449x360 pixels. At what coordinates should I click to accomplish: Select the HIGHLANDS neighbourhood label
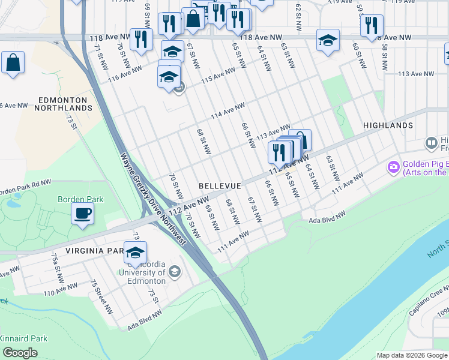388,125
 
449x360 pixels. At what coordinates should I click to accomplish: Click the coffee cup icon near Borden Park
82,213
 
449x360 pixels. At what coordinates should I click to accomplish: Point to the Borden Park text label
80,199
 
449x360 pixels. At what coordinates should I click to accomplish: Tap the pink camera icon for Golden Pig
394,167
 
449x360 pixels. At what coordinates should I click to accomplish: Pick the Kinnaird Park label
24,338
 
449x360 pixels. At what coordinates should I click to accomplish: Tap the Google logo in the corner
20,353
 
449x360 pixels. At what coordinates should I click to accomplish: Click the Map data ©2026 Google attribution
412,355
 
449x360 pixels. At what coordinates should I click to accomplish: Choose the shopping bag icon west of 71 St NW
13,62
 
